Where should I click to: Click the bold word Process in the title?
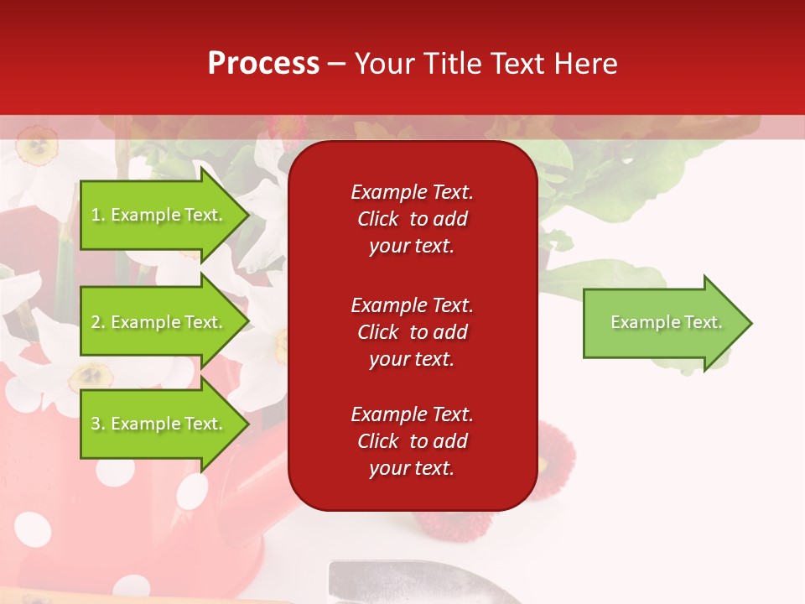(263, 63)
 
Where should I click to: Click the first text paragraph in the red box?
(412, 219)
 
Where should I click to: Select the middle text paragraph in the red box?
(412, 332)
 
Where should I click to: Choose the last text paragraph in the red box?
(412, 441)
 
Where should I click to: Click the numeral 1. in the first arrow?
(97, 215)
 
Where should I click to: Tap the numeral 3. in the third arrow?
(97, 424)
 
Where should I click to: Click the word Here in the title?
(586, 63)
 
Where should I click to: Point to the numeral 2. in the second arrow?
(97, 322)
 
